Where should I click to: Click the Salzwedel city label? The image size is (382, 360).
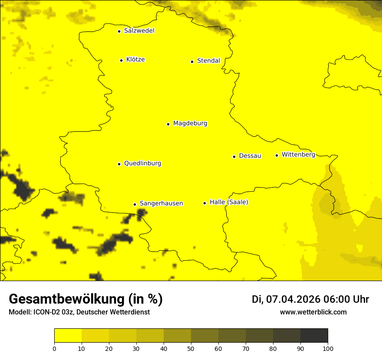click(x=139, y=31)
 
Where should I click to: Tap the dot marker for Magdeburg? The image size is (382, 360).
click(x=168, y=124)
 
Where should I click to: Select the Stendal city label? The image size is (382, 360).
click(x=208, y=61)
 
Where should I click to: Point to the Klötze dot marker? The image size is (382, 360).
click(x=121, y=60)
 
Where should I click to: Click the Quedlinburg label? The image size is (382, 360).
click(x=142, y=164)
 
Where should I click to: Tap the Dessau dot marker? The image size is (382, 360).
click(x=234, y=157)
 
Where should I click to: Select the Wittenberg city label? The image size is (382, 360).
click(x=298, y=154)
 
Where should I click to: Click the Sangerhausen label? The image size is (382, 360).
click(x=161, y=203)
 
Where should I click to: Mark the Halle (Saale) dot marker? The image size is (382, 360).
click(x=204, y=203)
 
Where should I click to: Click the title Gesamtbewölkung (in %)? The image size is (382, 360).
click(x=86, y=299)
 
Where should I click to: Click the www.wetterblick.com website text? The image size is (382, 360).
click(x=313, y=312)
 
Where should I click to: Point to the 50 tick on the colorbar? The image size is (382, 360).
click(x=191, y=348)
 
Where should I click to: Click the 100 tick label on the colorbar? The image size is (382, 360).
click(x=328, y=348)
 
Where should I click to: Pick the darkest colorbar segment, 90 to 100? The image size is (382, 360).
click(x=314, y=336)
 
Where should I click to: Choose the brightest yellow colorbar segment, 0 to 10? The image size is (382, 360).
click(x=68, y=336)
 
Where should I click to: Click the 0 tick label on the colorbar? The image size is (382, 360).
click(x=54, y=348)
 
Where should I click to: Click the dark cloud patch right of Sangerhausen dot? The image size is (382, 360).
click(x=142, y=213)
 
